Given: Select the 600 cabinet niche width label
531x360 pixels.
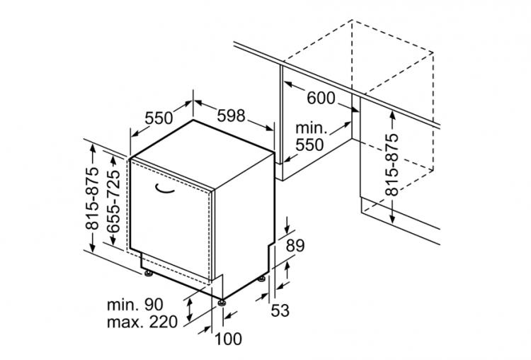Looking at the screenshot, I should (x=321, y=98).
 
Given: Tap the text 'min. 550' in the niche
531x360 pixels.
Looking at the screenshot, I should (x=309, y=137).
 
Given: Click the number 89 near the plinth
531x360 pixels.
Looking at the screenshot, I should (x=295, y=246).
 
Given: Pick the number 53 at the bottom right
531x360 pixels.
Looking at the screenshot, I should (x=280, y=310).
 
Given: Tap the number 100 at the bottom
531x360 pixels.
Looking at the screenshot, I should (x=227, y=339).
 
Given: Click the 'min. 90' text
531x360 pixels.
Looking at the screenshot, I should (x=135, y=305).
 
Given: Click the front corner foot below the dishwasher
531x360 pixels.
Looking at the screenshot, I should (x=223, y=303).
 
